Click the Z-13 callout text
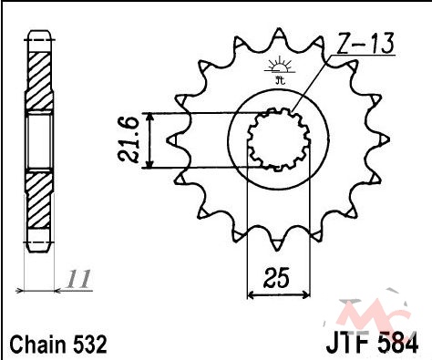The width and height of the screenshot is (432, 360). pyautogui.click(x=365, y=43)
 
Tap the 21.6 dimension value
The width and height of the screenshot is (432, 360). pyautogui.click(x=129, y=140)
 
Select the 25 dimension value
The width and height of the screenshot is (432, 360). pyautogui.click(x=275, y=278)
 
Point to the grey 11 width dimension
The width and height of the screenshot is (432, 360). pyautogui.click(x=78, y=279)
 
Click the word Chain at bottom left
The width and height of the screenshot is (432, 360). pyautogui.click(x=37, y=345)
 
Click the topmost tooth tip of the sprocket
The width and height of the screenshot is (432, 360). pyautogui.click(x=279, y=29)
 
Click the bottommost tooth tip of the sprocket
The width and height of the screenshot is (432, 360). pyautogui.click(x=277, y=250)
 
